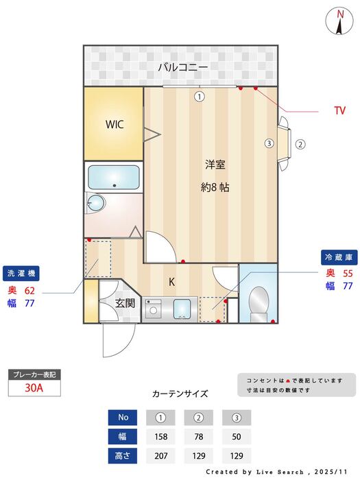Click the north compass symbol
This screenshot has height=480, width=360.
coord(340,20)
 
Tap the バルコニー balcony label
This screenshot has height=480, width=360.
coord(182,67)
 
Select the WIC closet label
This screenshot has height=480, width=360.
coord(114,125)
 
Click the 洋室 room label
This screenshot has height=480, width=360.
coord(215,165)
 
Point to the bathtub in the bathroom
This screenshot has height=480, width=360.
coord(113,178)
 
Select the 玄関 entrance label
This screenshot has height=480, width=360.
coord(124,302)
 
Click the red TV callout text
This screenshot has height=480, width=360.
coord(339,110)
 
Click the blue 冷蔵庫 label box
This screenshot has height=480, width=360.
coord(338,257)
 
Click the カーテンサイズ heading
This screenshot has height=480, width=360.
coord(180,394)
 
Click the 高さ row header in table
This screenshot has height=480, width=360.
coord(123,455)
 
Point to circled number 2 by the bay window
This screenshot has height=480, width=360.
coord(300,144)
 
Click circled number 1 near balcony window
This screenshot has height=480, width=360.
coord(199,97)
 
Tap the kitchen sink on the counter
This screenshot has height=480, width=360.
coord(182,309)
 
